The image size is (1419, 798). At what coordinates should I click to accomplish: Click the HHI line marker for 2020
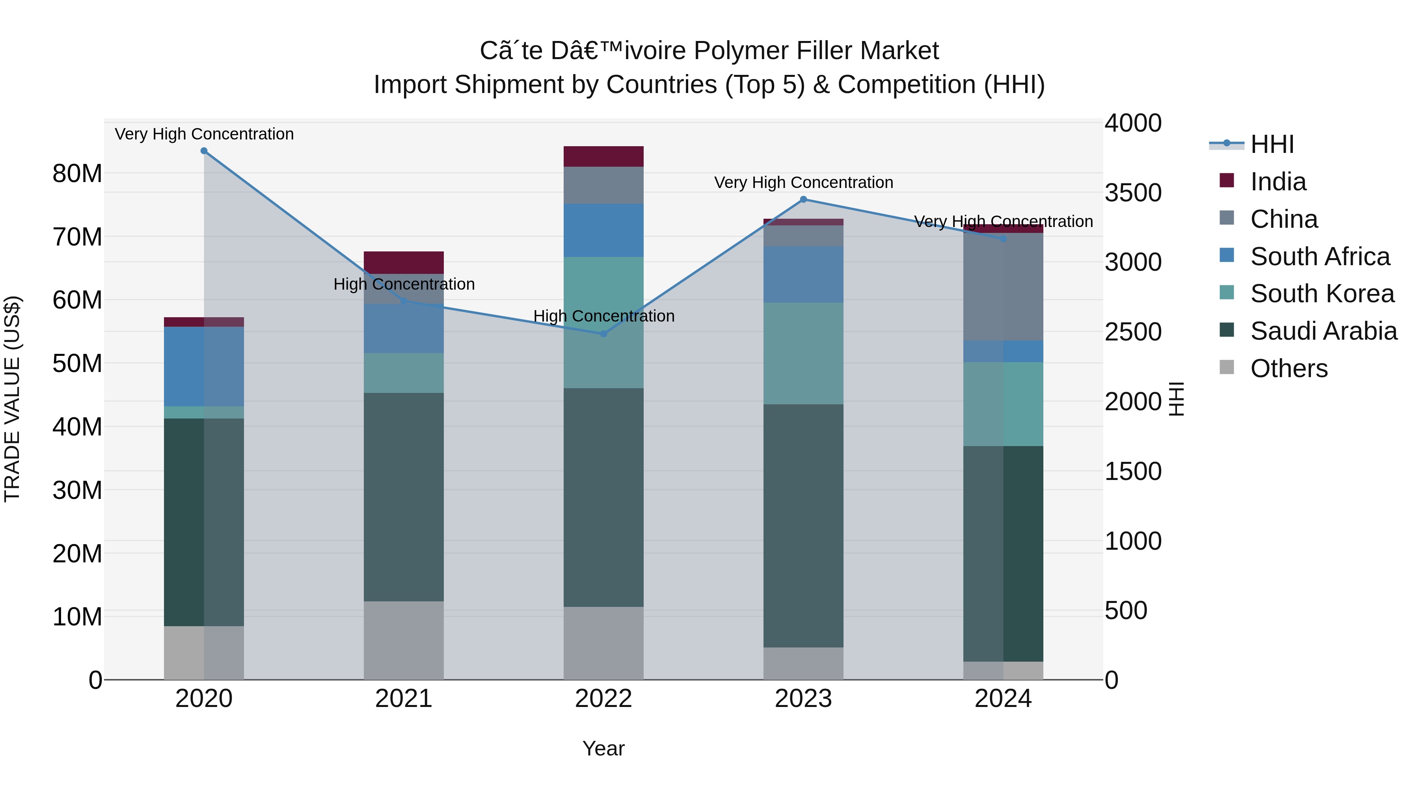(204, 151)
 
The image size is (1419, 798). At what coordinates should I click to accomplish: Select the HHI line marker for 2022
(603, 334)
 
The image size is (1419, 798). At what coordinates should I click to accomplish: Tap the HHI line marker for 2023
(803, 199)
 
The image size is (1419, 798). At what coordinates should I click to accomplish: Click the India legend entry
(1277, 182)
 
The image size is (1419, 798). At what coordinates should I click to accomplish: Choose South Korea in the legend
(1322, 294)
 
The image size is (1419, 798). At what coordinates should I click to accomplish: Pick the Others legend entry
(1289, 368)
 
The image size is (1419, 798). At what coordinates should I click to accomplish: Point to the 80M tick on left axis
(77, 173)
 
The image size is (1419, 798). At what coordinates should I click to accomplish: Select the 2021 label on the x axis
(403, 699)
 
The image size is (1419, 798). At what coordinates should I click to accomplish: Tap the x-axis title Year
(603, 748)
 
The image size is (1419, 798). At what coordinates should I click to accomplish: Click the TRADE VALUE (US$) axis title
(12, 399)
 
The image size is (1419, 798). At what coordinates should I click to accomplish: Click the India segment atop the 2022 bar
(603, 156)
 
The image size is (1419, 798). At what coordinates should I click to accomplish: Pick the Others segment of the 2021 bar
(403, 640)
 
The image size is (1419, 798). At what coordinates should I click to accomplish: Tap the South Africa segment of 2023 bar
(803, 274)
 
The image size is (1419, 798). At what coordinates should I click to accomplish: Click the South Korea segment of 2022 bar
(603, 322)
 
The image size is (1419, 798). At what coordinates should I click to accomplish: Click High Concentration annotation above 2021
(404, 284)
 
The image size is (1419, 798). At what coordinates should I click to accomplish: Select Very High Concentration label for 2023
(803, 182)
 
